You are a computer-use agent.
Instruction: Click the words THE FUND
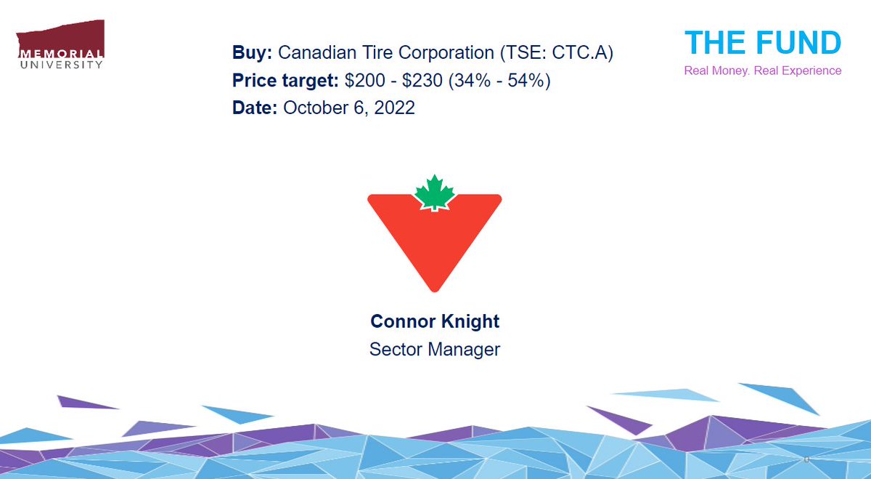point(763,43)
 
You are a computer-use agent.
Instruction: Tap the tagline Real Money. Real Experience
point(763,71)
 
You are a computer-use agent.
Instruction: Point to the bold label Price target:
point(285,81)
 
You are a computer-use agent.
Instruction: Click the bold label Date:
point(255,108)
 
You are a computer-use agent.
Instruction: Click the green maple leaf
point(434,193)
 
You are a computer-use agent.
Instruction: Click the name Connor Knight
point(435,321)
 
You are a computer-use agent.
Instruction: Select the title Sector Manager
point(435,350)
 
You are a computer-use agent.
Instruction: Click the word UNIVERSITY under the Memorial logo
point(60,64)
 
